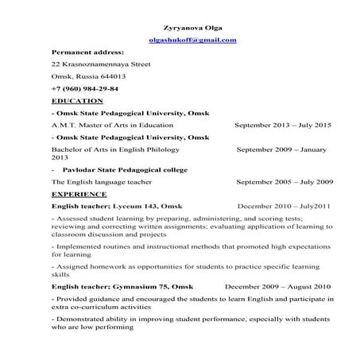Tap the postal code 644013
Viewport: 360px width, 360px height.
[110, 76]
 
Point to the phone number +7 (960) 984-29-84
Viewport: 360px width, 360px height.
[84, 89]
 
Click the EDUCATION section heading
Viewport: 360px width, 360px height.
[76, 101]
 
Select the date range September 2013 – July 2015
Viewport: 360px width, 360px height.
[282, 126]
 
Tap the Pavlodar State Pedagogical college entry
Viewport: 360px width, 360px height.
[124, 169]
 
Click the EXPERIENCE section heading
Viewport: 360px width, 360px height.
[79, 193]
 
